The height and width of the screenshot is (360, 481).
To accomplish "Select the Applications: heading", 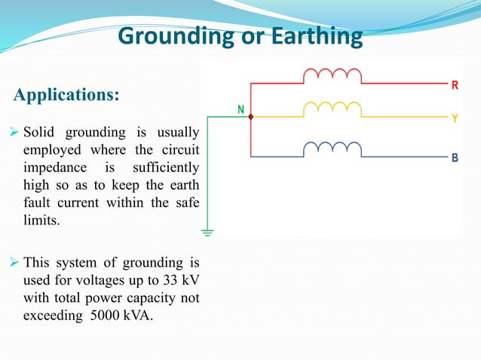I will tap(66, 96).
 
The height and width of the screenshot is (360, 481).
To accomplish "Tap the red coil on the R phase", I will tap(332, 75).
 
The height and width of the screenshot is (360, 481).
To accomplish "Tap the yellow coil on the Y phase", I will tap(332, 110).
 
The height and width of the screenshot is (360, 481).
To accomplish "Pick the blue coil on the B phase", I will tap(332, 148).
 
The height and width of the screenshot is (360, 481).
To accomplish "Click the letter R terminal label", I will tap(455, 85).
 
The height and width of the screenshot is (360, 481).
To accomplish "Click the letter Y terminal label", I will tap(455, 119).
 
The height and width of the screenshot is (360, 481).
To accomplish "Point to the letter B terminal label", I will tap(455, 158).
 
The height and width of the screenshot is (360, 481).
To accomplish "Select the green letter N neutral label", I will tap(241, 109).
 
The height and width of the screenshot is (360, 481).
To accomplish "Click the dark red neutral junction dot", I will tap(250, 117).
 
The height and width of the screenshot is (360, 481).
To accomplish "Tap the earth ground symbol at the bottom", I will tap(207, 231).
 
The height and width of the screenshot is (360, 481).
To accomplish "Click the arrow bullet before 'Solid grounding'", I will tap(16, 133).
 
